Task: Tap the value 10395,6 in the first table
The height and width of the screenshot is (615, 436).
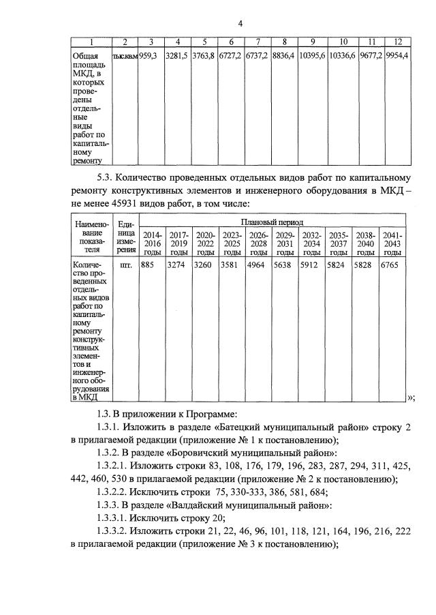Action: pos(312,56)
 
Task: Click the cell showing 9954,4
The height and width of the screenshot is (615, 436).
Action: pos(396,56)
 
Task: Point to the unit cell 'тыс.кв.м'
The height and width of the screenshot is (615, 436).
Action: pos(125,56)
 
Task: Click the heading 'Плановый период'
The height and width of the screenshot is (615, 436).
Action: pos(271,222)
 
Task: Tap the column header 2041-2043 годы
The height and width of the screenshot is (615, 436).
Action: pos(392,243)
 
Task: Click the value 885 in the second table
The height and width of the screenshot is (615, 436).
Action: pos(149,265)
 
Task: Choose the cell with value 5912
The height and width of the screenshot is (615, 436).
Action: pos(310,265)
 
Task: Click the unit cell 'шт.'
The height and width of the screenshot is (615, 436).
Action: pos(126,265)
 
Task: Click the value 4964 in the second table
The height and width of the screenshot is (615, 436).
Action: pos(257,265)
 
